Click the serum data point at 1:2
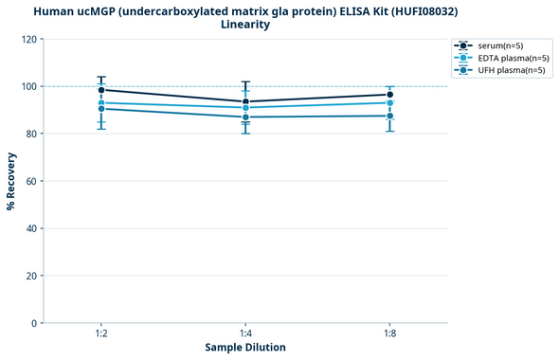click(x=101, y=90)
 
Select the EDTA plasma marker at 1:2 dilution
click(x=101, y=102)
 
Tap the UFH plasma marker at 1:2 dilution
click(x=101, y=109)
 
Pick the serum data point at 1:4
click(x=245, y=101)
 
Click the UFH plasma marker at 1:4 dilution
click(x=245, y=117)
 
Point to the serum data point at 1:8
click(x=389, y=95)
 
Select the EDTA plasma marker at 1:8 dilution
click(x=389, y=102)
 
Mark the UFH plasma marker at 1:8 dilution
click(x=389, y=116)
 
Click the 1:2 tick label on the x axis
click(x=101, y=334)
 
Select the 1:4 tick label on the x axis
click(x=245, y=334)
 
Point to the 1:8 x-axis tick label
click(x=389, y=334)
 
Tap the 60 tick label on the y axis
click(x=31, y=181)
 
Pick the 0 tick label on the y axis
click(x=34, y=323)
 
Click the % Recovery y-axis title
click(x=11, y=181)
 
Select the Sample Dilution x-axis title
click(x=245, y=348)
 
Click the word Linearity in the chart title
click(x=245, y=25)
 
